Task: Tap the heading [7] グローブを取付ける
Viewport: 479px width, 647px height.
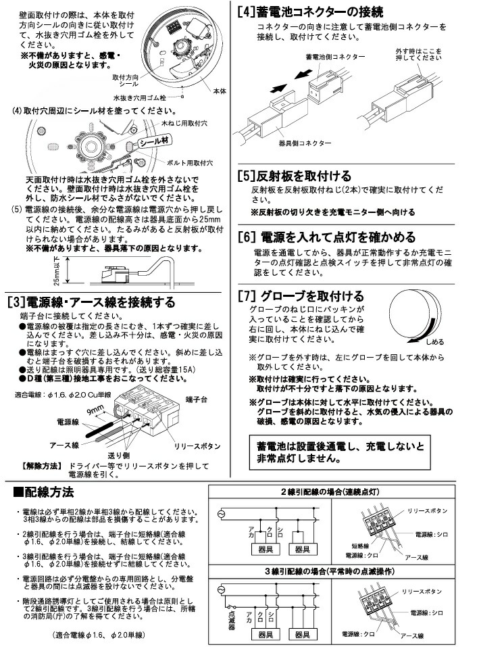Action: [x=301, y=295]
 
